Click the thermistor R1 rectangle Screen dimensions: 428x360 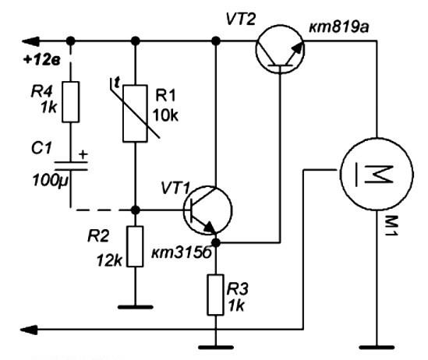click(x=135, y=114)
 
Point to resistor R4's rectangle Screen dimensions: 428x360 click(x=71, y=102)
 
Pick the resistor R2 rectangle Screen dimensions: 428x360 click(x=135, y=246)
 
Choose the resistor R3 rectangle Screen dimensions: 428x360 click(x=216, y=295)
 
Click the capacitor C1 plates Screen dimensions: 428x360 click(x=71, y=166)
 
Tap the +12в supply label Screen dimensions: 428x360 click(x=42, y=60)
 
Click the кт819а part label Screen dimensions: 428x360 click(x=339, y=27)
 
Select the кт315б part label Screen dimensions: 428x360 click(x=181, y=253)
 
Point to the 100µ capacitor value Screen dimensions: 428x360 click(x=50, y=181)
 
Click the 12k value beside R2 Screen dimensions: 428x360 click(x=109, y=261)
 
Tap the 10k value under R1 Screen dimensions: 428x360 click(x=165, y=115)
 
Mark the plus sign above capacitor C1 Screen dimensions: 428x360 click(x=83, y=154)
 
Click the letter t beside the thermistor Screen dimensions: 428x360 click(x=117, y=83)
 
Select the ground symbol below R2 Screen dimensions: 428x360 click(x=135, y=307)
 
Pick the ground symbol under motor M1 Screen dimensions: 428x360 click(x=377, y=348)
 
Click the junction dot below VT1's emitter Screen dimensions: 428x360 click(x=216, y=242)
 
